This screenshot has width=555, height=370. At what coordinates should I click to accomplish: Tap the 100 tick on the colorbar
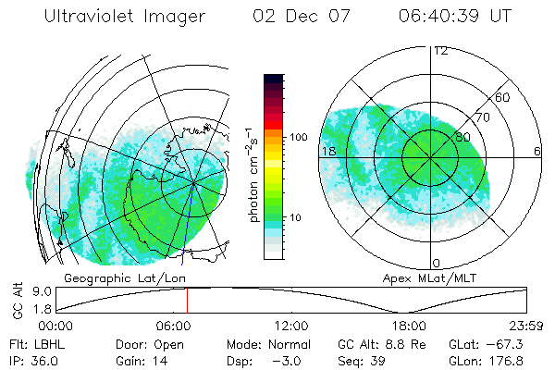[297, 137]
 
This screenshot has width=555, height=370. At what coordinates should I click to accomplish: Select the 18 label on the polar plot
[327, 151]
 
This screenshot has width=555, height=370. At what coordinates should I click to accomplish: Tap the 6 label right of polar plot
[536, 151]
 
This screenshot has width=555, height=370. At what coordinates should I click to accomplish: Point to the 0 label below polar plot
[437, 264]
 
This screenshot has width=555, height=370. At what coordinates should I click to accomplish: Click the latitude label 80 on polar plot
[462, 137]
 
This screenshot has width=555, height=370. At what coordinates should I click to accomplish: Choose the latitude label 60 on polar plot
[503, 97]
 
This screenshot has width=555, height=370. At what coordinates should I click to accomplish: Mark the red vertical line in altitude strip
[187, 301]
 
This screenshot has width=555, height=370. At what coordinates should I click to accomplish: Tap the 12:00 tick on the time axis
[291, 326]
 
